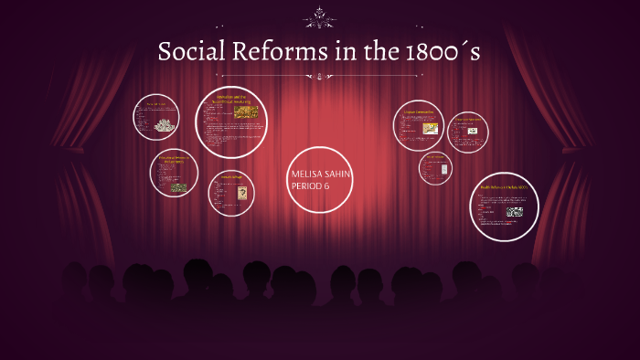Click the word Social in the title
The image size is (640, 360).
coord(190,53)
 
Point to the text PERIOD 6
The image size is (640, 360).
coord(310,186)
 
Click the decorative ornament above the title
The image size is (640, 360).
coord(320,16)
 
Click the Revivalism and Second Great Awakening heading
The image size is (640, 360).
coord(230,98)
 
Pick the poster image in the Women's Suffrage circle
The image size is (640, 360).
coord(236,195)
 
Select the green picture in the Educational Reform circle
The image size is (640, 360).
coord(178,187)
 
